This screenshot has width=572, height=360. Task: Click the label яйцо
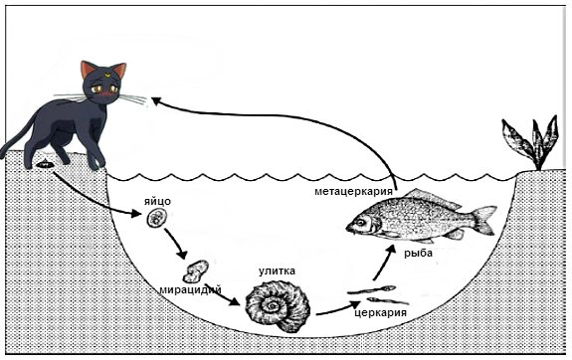point(157,201)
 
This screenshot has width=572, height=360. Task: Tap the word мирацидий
point(190,290)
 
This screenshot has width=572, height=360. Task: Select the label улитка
point(277,271)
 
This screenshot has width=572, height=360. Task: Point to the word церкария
point(380,312)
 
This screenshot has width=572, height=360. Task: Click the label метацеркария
point(354,191)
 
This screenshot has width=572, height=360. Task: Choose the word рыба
point(418,253)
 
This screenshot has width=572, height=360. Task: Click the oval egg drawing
point(157,218)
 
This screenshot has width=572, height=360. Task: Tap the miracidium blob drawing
point(196,271)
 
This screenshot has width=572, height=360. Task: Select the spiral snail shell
point(278,306)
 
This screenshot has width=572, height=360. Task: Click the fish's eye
point(361,222)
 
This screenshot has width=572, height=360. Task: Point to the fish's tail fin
point(483,220)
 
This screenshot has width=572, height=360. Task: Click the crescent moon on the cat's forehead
point(107,76)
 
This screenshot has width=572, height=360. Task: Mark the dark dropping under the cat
point(45,164)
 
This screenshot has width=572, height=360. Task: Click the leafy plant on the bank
point(532,142)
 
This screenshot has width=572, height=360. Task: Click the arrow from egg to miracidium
point(176,244)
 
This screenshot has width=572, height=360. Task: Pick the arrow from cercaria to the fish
point(384,263)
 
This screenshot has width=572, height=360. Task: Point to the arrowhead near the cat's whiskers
point(156,100)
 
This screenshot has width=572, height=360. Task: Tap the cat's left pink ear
point(87,69)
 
